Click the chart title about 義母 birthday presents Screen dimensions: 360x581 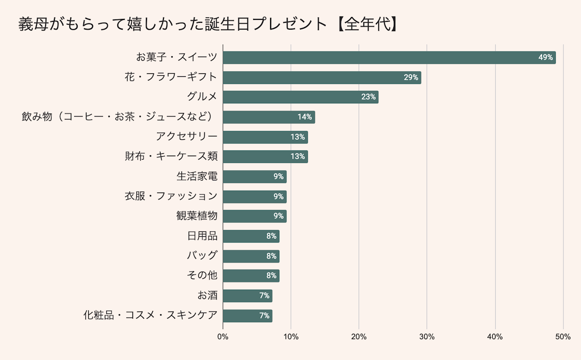(209, 24)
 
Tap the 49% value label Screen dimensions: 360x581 (545, 58)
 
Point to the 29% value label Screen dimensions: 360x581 (410, 78)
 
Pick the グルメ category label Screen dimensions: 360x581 (202, 97)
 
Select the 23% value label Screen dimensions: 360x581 (368, 97)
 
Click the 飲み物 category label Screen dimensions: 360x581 (119, 117)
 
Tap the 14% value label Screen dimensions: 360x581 (305, 117)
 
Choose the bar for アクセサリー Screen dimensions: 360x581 (265, 137)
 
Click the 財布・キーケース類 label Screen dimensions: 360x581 (171, 157)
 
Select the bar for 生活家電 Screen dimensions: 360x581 (254, 177)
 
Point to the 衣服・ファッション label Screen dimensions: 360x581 (171, 196)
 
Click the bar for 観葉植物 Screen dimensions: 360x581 (254, 216)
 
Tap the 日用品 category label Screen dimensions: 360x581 (202, 236)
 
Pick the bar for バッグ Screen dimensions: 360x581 (251, 256)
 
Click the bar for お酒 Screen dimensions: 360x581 (247, 296)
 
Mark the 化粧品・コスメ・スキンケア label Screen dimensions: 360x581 (150, 316)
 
